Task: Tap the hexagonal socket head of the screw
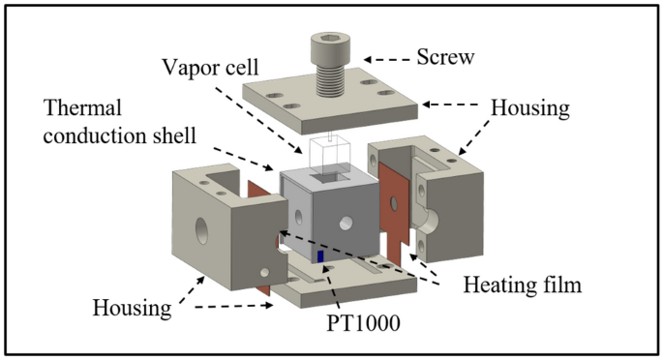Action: pos(336,43)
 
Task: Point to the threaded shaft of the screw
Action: pos(336,78)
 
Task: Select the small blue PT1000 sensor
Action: pos(318,256)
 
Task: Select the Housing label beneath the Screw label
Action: pos(536,110)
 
